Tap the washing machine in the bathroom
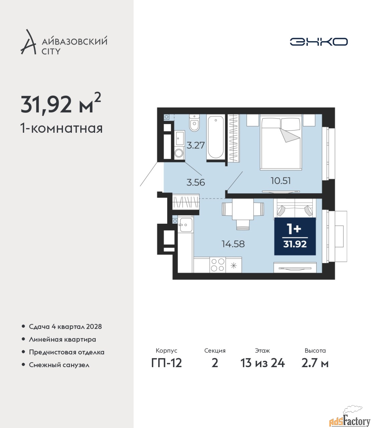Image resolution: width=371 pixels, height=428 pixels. (178, 153)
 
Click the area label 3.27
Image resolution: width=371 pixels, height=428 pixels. (196, 145)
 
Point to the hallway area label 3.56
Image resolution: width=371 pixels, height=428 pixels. (196, 183)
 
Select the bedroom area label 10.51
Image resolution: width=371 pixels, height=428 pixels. (281, 181)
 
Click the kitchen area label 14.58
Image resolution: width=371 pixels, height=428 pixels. (233, 244)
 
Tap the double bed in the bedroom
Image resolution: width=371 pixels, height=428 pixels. (280, 142)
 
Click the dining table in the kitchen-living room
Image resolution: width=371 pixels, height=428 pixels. (243, 209)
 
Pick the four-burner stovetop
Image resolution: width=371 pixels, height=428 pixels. (217, 265)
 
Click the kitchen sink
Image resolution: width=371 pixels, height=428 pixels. (186, 225)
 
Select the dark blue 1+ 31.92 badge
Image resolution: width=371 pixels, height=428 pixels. (295, 236)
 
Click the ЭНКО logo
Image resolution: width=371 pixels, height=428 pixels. (318, 41)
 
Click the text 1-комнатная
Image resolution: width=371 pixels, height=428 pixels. (61, 129)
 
